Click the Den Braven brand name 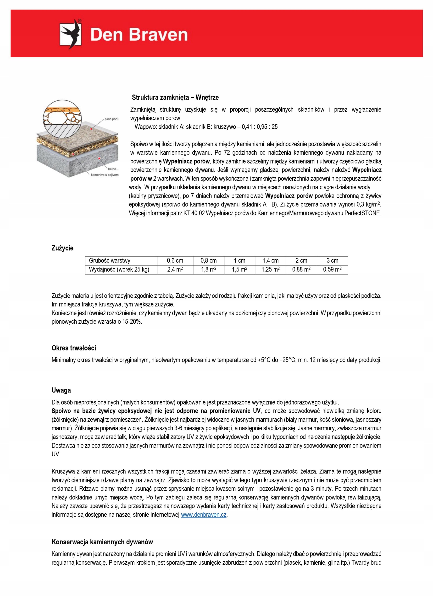[x=139, y=35]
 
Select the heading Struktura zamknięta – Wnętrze [x=175, y=98]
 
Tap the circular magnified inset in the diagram [x=62, y=119]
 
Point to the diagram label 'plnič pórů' [x=111, y=119]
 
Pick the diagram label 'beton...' [x=113, y=169]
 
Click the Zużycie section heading [x=62, y=248]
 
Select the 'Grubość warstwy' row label [x=109, y=261]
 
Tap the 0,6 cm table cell [x=175, y=261]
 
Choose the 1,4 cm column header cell [x=270, y=261]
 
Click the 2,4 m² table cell [x=175, y=269]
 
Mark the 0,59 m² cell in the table [x=332, y=269]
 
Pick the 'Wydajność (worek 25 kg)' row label [x=119, y=269]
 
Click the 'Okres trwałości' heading [x=74, y=348]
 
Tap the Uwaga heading [x=61, y=390]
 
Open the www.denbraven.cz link [x=204, y=515]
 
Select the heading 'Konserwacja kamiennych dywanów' [x=102, y=542]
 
